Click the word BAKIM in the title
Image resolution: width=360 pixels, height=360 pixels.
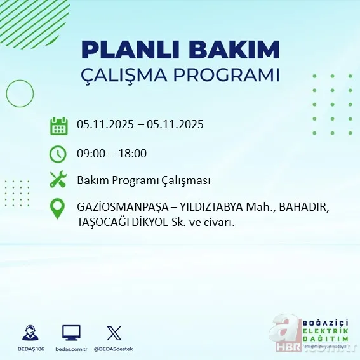pyautogui.click(x=239, y=50)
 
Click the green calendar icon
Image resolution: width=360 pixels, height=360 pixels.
pyautogui.click(x=58, y=125)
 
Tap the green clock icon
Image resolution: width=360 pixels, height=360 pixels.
pyautogui.click(x=58, y=154)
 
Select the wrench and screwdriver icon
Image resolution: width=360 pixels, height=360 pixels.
pyautogui.click(x=58, y=180)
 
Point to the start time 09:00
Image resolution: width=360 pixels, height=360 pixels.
pyautogui.click(x=90, y=154)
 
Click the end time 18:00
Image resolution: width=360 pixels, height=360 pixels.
pyautogui.click(x=133, y=154)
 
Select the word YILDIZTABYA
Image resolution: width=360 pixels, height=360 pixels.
pyautogui.click(x=213, y=208)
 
